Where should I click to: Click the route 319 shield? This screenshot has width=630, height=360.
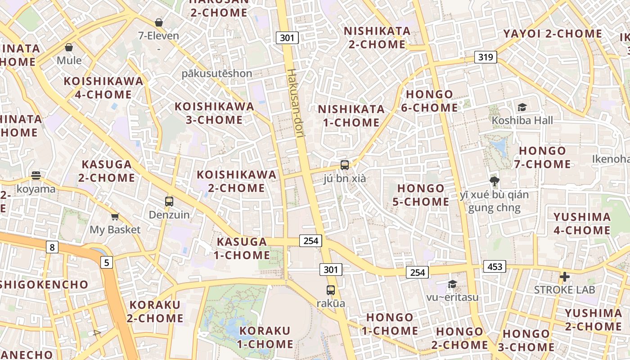(x=485, y=57)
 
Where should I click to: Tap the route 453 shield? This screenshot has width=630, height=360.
(x=495, y=267)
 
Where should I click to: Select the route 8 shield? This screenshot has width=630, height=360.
(x=52, y=247)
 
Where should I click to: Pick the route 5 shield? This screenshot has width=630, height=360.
(x=106, y=262)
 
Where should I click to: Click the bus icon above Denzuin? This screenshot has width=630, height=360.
(x=169, y=202)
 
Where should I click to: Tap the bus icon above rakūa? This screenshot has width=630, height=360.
(x=331, y=290)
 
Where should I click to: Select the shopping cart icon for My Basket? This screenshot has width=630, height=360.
(x=115, y=217)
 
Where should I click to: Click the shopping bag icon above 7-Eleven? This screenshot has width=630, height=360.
(x=159, y=22)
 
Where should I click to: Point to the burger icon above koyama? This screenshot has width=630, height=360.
(x=36, y=175)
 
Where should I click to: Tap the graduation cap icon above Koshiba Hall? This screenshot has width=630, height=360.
(x=522, y=107)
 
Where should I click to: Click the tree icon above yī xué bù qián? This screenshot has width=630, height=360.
(x=495, y=181)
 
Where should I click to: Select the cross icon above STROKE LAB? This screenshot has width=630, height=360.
(x=565, y=276)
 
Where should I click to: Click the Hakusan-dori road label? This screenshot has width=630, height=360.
(x=297, y=103)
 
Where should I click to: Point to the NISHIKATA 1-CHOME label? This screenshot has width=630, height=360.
(x=351, y=116)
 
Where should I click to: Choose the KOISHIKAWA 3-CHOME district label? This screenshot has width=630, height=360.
(x=214, y=113)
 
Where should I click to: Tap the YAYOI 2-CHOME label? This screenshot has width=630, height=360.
(x=553, y=34)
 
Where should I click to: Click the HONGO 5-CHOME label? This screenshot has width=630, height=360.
(x=421, y=195)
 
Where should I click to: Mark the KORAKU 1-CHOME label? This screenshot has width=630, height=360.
(x=265, y=337)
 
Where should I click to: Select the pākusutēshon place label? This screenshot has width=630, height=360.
(x=217, y=73)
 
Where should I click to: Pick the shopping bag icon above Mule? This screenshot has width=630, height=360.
(x=69, y=47)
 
